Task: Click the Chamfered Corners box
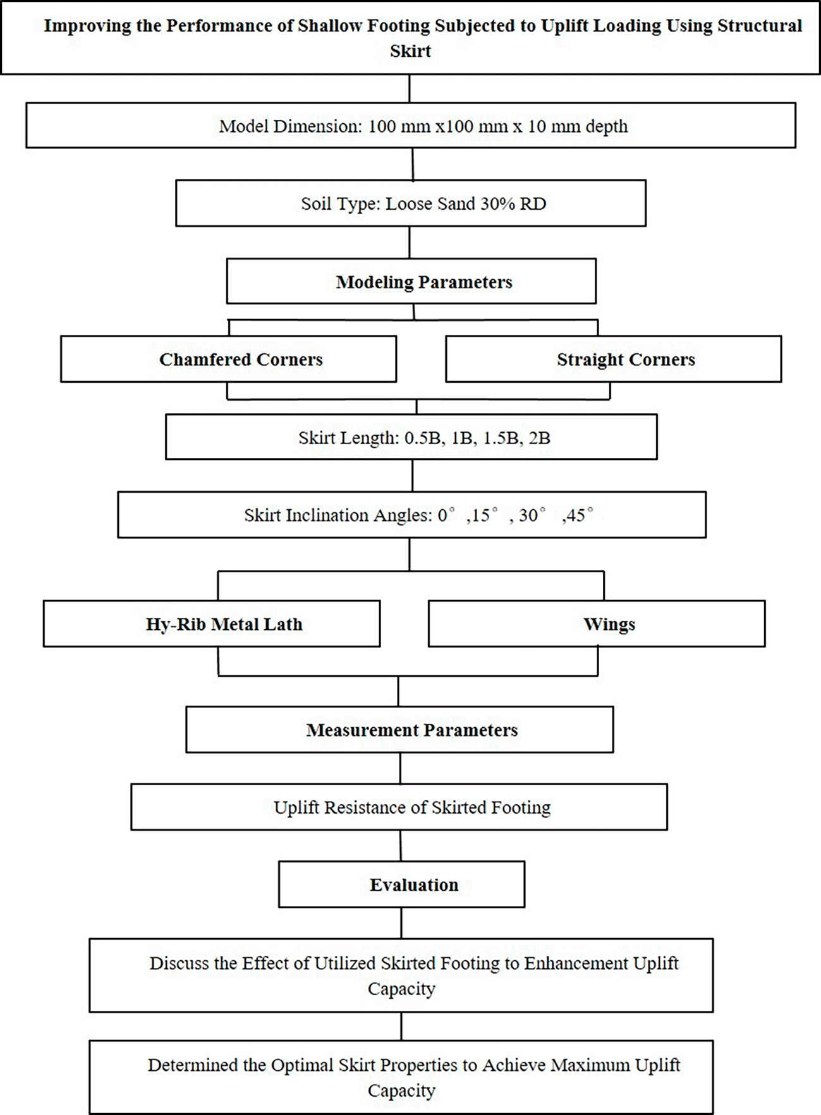click(228, 359)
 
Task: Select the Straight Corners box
click(613, 359)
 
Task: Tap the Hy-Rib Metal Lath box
click(212, 624)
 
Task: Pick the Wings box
click(597, 624)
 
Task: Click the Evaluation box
click(401, 884)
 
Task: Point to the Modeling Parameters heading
click(424, 282)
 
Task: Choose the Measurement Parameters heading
click(412, 730)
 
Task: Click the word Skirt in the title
click(410, 51)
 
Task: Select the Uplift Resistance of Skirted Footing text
click(412, 807)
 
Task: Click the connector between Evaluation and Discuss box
click(401, 923)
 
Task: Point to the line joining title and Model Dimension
click(410, 88)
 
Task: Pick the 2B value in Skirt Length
click(540, 438)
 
